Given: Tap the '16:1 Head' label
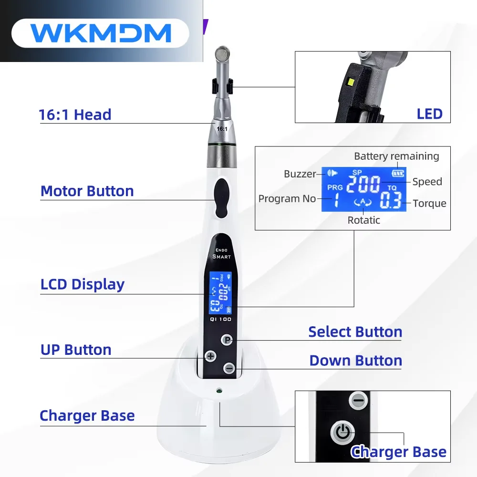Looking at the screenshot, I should tap(75, 115).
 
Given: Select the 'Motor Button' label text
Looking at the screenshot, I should tap(87, 191).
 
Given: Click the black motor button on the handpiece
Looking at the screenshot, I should tap(221, 197).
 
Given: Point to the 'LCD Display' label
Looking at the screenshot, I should tap(83, 284).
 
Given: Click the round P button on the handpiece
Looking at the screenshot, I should tap(228, 340).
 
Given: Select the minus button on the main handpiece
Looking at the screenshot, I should tap(229, 368).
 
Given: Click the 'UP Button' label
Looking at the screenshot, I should tap(76, 350).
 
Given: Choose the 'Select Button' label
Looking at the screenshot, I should tap(355, 332).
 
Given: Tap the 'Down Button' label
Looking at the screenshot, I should tap(355, 361).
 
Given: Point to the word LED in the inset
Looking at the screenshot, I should tap(429, 114).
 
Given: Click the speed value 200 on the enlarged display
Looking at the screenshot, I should tap(363, 184).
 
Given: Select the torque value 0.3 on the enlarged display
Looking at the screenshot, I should tap(390, 201).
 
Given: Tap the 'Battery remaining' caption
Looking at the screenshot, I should tap(396, 156).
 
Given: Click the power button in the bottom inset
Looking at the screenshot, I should tap(343, 433).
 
